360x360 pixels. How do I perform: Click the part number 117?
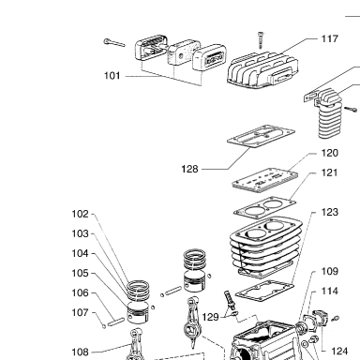(330, 39)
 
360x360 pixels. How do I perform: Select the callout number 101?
(112, 76)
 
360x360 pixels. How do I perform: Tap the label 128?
(189, 169)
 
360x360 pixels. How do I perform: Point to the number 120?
(330, 153)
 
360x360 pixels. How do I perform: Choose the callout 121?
(330, 172)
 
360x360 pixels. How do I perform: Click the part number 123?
(330, 212)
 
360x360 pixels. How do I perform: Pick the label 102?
(81, 214)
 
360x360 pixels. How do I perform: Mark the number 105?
(81, 273)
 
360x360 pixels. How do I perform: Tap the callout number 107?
(81, 312)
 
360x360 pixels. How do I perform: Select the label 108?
(81, 352)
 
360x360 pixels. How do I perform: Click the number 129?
(210, 317)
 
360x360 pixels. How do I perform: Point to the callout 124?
(339, 352)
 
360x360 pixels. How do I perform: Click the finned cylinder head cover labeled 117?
(262, 70)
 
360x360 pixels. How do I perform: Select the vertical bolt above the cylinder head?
(261, 40)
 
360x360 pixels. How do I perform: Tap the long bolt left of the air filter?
(114, 43)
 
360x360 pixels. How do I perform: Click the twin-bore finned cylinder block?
(265, 247)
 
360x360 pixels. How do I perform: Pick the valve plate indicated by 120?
(265, 179)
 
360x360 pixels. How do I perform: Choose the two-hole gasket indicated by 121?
(264, 206)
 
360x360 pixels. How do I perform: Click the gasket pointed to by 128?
(261, 136)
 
